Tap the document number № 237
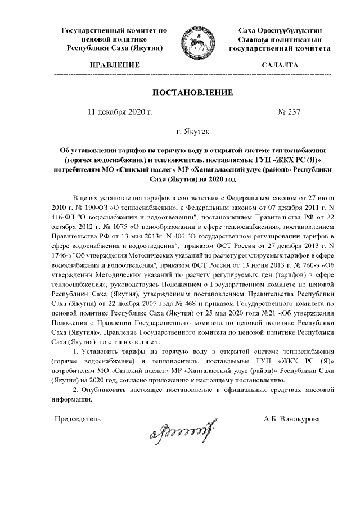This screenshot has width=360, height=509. (289, 111)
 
